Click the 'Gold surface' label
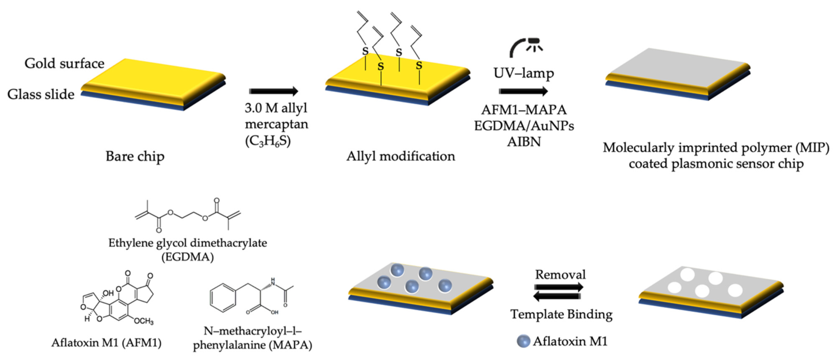pyautogui.click(x=64, y=64)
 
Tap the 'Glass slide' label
pyautogui.click(x=41, y=94)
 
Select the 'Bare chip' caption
pyautogui.click(x=135, y=156)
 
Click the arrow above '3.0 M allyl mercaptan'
pyautogui.click(x=273, y=91)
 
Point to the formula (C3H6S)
pyautogui.click(x=268, y=141)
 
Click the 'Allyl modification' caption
pyautogui.click(x=400, y=156)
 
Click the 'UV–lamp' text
pyautogui.click(x=523, y=73)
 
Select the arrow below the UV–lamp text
pyautogui.click(x=523, y=91)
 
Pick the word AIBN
pyautogui.click(x=524, y=142)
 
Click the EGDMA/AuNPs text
pyautogui.click(x=524, y=126)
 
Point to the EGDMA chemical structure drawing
pyautogui.click(x=188, y=215)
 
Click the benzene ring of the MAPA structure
pyautogui.click(x=223, y=298)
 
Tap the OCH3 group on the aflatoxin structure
pyautogui.click(x=144, y=321)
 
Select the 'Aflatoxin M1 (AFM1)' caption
pyautogui.click(x=106, y=343)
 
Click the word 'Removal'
pyautogui.click(x=560, y=275)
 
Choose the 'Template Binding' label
pyautogui.click(x=561, y=314)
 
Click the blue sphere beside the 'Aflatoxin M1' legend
pyautogui.click(x=523, y=341)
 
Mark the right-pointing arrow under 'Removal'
pyautogui.click(x=559, y=287)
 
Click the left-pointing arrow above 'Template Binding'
pyautogui.click(x=557, y=296)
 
